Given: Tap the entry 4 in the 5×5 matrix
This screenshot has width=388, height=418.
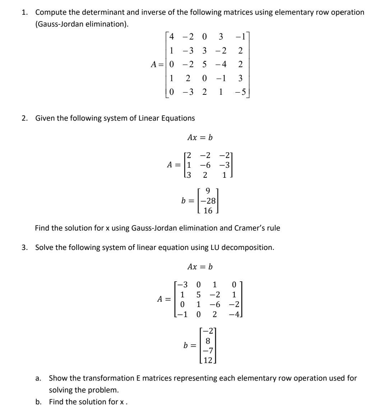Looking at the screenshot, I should point(172,36).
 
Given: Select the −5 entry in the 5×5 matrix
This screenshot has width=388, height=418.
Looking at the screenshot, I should point(241,92).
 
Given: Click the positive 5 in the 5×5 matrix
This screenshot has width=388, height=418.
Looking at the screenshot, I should point(204,64).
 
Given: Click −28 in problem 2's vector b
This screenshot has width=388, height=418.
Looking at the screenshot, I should point(208,201).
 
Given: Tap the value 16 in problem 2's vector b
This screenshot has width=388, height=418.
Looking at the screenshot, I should point(208,211).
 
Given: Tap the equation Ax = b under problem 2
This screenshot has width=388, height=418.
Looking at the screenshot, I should point(200,138).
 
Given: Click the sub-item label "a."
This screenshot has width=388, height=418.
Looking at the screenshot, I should point(37,378).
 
